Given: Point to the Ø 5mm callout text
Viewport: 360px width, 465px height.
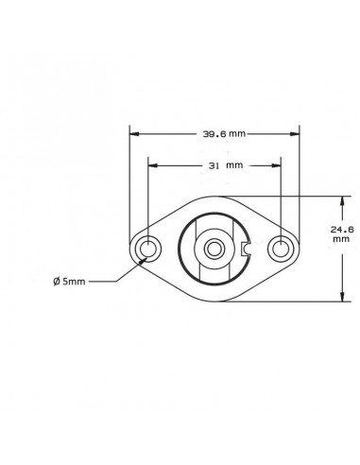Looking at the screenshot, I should click(72, 281).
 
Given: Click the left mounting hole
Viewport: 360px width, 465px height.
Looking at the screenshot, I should click(148, 250).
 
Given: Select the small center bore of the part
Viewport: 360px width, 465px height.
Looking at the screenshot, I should click(214, 250).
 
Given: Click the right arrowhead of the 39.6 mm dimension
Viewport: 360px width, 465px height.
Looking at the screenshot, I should click(296, 133).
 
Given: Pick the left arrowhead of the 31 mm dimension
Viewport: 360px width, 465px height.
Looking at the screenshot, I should click(152, 164).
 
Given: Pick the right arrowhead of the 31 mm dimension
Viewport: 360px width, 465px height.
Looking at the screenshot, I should click(277, 164).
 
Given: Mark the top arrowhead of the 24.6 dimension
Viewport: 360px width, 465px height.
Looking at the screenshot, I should click(341, 200).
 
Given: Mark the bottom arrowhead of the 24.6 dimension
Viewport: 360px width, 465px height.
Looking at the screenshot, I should click(341, 298).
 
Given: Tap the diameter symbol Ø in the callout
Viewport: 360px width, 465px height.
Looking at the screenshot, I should click(58, 281).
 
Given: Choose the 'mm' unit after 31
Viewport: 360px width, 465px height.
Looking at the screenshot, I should click(233, 164).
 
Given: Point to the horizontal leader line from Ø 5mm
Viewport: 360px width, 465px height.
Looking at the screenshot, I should click(104, 281).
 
